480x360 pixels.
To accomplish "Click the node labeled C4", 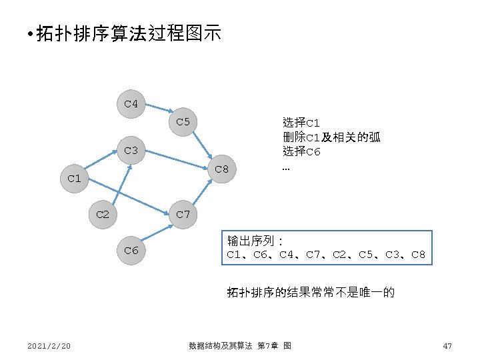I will [x=131, y=104].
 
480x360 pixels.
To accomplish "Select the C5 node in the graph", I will [x=183, y=122].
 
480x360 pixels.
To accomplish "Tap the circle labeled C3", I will [x=131, y=151].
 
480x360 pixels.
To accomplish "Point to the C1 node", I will [x=74, y=178].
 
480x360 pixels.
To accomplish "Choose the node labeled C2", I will [x=103, y=215].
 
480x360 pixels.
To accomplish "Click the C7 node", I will [x=183, y=215].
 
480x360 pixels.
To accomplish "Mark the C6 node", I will [x=131, y=250].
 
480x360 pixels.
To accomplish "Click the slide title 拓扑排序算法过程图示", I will [x=127, y=34].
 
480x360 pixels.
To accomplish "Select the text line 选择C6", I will [x=301, y=151].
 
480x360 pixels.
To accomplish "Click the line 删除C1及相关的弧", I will [x=331, y=137].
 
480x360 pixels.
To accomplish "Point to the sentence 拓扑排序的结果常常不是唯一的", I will [x=311, y=291].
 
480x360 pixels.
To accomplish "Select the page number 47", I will [x=447, y=345].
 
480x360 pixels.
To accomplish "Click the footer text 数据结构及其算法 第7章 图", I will [x=239, y=345].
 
